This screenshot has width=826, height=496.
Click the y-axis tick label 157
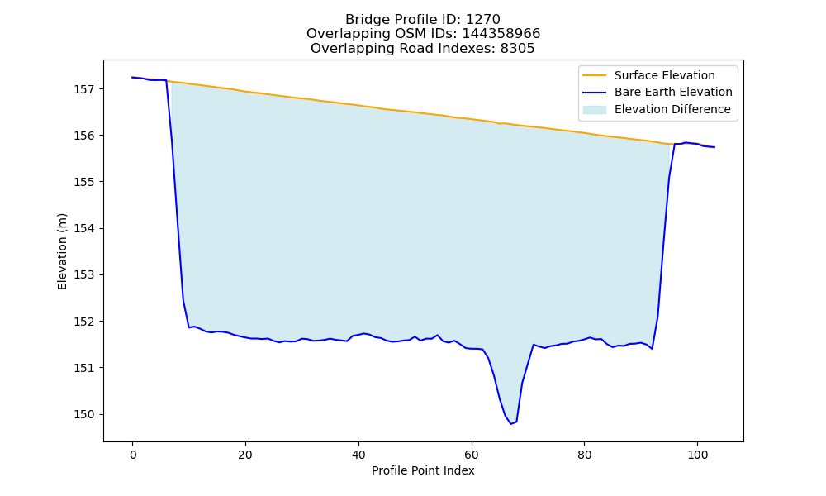tap(85, 89)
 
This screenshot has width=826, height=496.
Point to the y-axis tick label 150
tap(85, 415)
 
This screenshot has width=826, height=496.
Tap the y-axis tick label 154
tap(85, 229)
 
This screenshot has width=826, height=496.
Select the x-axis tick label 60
tap(472, 455)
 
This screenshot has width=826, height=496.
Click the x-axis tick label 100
tap(697, 455)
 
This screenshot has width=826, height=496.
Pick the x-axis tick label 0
tap(133, 455)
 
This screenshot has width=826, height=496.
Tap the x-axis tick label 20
tap(245, 455)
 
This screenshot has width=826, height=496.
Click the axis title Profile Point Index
tap(423, 470)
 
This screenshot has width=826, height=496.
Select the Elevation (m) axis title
tap(63, 251)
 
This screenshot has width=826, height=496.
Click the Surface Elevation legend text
tap(665, 75)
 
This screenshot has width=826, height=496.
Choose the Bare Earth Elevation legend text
tap(673, 93)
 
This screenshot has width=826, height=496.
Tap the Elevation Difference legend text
tap(672, 109)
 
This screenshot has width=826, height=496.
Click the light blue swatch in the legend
tap(594, 110)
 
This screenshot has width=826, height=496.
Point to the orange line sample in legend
tap(594, 75)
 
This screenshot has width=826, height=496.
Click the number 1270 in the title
tap(483, 20)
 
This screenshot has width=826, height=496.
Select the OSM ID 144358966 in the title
tap(501, 34)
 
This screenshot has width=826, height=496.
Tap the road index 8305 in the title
tap(517, 49)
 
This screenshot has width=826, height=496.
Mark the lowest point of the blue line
tap(511, 424)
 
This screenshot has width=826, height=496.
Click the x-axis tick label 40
tap(358, 455)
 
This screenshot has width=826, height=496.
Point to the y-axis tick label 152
tap(85, 322)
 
